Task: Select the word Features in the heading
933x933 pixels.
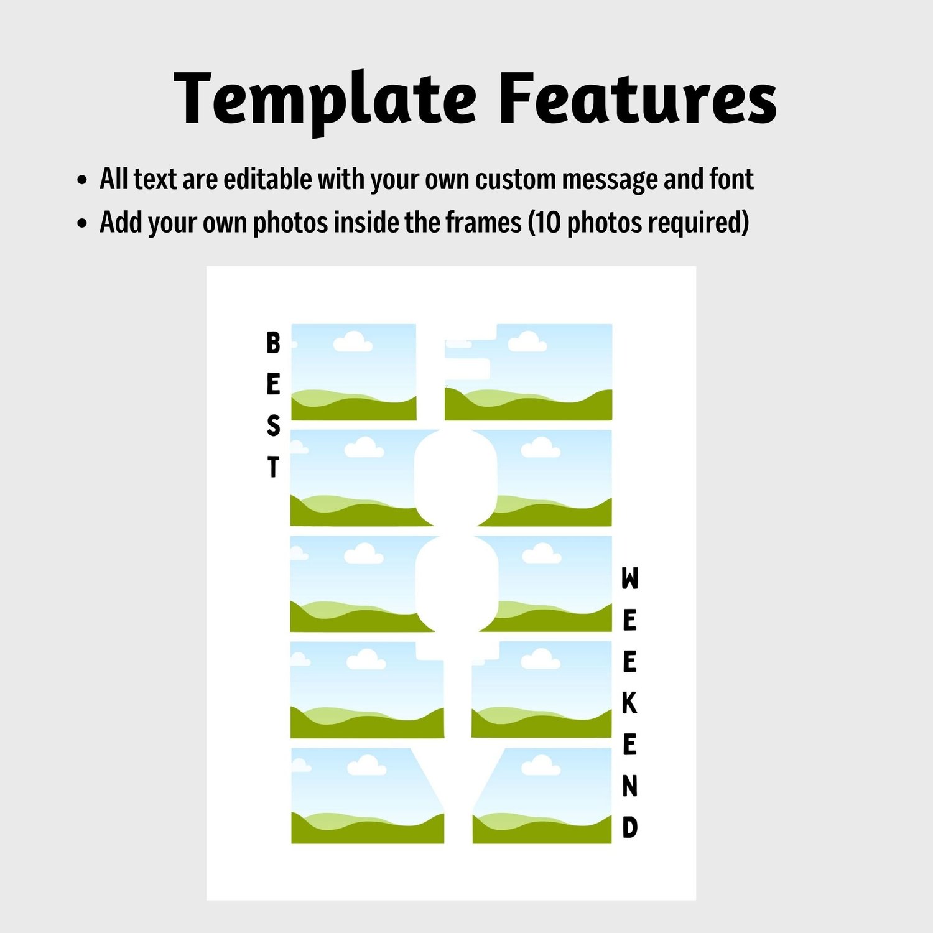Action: coord(638,97)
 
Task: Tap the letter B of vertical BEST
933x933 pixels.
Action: coord(273,343)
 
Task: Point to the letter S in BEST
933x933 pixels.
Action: coord(273,426)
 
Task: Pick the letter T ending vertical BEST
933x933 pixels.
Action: coord(273,467)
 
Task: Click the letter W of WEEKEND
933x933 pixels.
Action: coord(629,578)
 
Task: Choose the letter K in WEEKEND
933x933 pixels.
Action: coord(629,703)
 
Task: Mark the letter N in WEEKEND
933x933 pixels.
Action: coord(629,786)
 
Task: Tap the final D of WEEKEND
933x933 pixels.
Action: coord(629,827)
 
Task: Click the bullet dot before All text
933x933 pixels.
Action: coord(81,181)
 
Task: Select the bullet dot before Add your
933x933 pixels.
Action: coord(81,224)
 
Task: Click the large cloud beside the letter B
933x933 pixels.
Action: coord(353,341)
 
